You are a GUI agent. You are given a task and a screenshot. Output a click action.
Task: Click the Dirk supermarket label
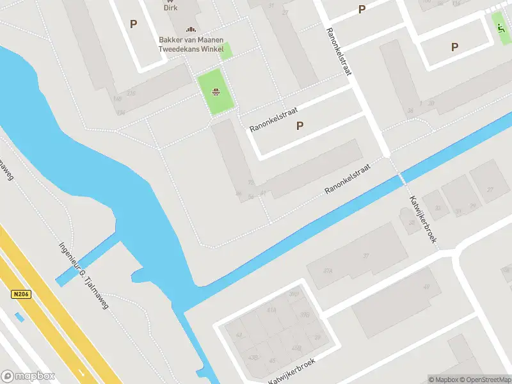[170, 8]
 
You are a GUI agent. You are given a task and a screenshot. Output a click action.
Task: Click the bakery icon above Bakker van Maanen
[190, 29]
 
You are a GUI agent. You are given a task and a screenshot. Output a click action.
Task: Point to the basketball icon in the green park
[217, 92]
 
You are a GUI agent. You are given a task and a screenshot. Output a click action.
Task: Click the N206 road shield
[20, 294]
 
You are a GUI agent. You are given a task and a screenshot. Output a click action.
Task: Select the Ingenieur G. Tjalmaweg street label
[84, 275]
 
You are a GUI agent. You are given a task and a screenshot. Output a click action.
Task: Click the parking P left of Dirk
[133, 24]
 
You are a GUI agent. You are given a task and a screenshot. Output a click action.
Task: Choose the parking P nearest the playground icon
[454, 47]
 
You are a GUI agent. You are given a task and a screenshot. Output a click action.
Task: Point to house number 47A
[328, 271]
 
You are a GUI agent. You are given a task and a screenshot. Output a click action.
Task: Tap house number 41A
[271, 310]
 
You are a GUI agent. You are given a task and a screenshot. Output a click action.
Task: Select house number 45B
[296, 348]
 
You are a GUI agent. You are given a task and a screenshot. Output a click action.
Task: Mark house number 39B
[305, 314]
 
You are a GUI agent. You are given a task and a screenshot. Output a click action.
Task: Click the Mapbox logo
[28, 376]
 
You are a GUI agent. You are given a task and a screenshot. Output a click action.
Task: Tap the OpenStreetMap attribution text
[486, 380]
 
